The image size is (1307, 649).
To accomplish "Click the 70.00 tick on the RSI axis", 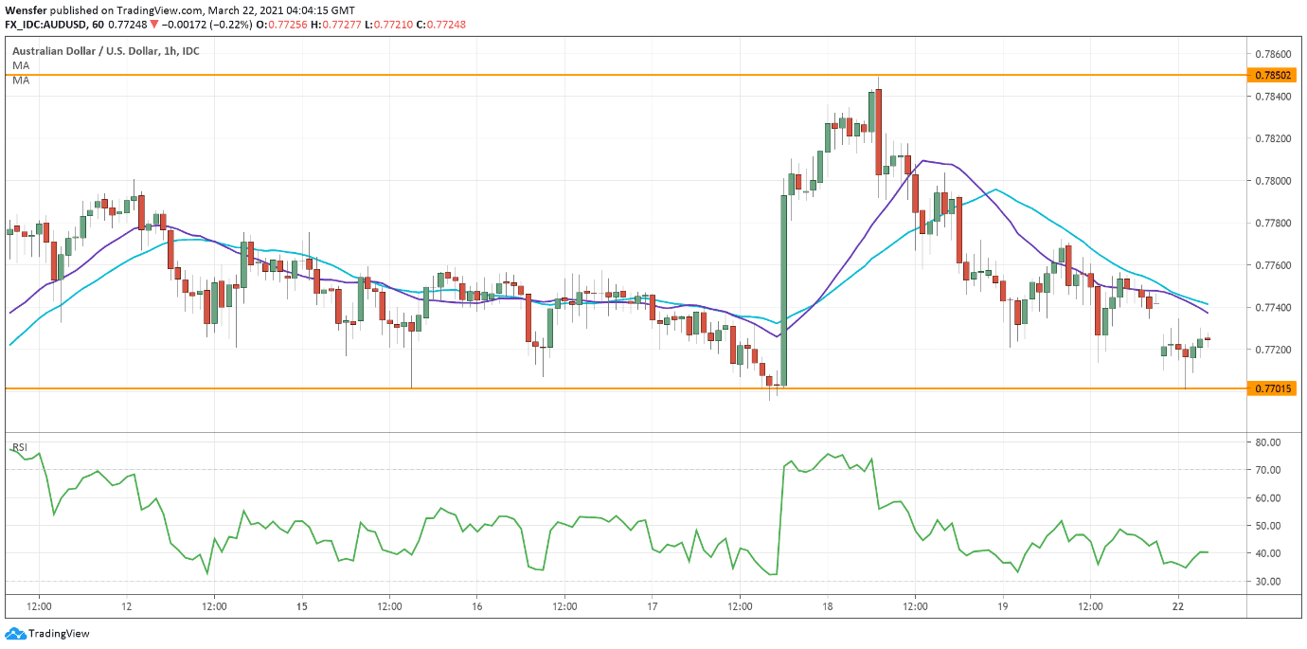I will coord(1267,470).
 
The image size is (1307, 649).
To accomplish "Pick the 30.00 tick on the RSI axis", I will coord(1267,582).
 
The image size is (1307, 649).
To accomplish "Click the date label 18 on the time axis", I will coord(827,605).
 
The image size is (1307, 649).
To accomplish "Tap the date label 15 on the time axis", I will coord(301,605).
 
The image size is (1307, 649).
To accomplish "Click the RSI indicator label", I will coord(19,447).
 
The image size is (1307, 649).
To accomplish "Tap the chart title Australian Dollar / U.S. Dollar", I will coord(80,50).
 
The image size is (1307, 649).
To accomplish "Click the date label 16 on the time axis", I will coord(476,605).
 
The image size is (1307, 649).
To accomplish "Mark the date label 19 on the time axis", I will coord(1003,605).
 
